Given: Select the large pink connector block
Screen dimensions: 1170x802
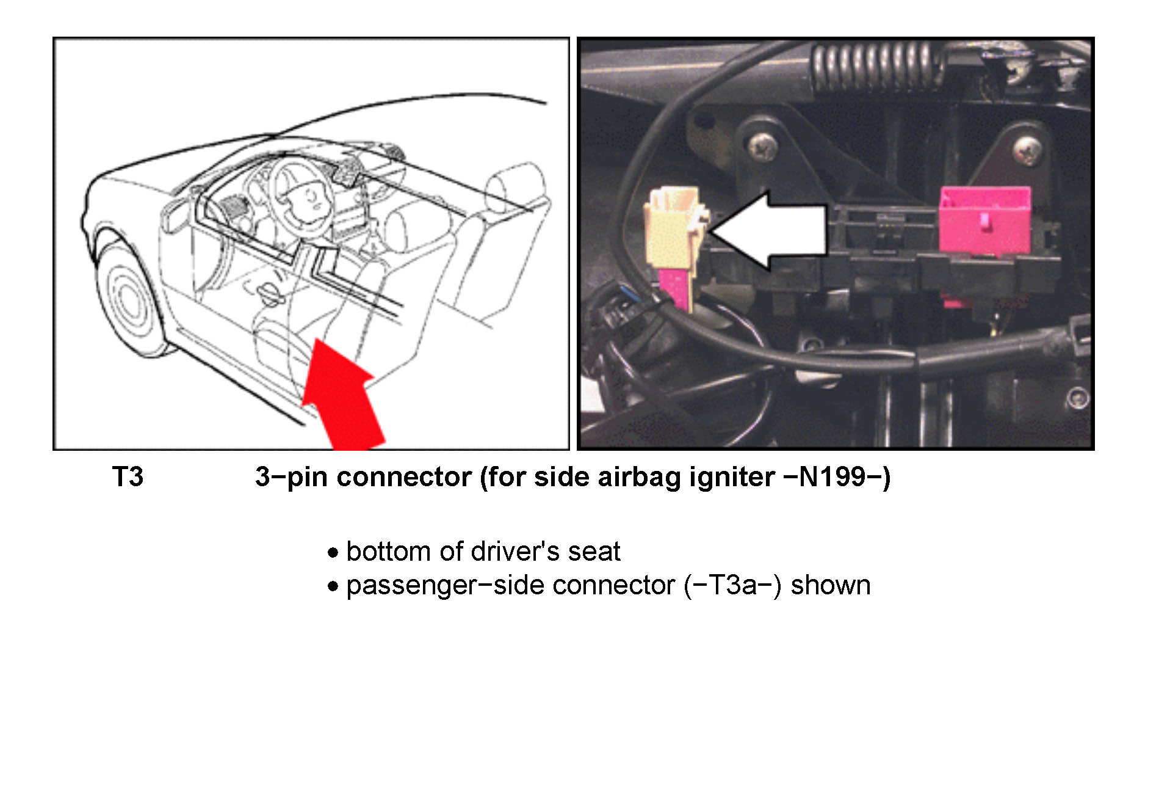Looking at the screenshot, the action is click(x=985, y=221).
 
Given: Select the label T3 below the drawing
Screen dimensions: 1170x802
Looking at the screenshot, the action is click(x=128, y=477).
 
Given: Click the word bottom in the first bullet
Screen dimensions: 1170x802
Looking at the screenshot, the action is click(x=389, y=552).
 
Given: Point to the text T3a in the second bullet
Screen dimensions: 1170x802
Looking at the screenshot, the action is click(x=732, y=585).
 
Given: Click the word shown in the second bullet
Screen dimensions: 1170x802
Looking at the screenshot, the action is click(x=831, y=585).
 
